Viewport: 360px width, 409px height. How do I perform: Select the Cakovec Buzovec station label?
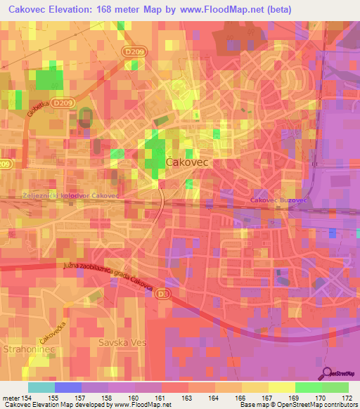(281, 201)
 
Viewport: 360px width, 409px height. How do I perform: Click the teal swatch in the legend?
(41, 387)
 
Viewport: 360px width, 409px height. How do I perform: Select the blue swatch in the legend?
(67, 387)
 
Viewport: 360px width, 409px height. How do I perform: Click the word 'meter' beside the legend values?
(10, 397)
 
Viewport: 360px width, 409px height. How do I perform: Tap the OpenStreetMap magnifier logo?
(328, 375)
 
